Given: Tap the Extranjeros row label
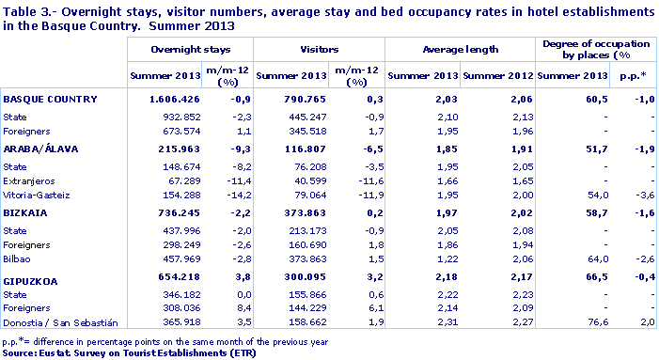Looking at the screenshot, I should pos(30,180).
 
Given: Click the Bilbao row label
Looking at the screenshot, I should pos(20,258).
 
